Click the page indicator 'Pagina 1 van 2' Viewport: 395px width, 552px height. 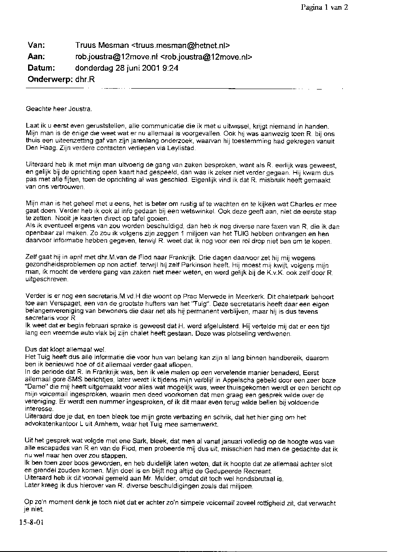tap(324, 7)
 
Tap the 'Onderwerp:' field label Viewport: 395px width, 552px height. tap(49, 79)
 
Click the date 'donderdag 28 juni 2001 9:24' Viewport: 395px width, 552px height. tap(126, 68)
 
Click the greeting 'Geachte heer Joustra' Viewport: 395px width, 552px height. tap(59, 108)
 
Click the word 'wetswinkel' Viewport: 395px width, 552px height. tap(185, 211)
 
